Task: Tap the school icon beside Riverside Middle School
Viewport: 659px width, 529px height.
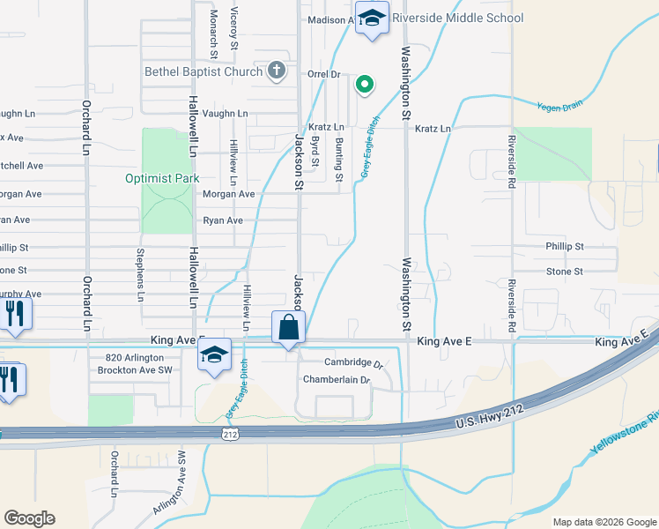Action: (x=372, y=19)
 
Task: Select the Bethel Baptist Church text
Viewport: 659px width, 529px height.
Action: (x=205, y=71)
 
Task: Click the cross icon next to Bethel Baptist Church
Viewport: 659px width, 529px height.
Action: (x=277, y=71)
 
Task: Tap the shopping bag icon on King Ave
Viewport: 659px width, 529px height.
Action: (x=288, y=329)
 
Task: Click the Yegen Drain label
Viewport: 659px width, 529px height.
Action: (x=560, y=106)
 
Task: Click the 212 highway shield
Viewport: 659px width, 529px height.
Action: (x=231, y=434)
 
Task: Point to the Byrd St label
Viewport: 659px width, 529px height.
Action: (x=315, y=157)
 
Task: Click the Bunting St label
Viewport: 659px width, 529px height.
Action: (x=339, y=159)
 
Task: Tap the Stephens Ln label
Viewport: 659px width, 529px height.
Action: (x=139, y=275)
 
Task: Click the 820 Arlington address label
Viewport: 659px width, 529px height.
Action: (x=135, y=357)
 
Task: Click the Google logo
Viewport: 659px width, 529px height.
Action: (x=29, y=518)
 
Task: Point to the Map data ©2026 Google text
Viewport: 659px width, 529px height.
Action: (x=603, y=522)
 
